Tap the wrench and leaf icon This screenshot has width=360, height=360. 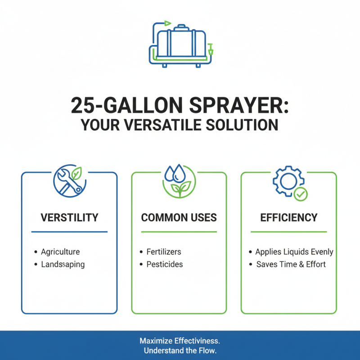pyautogui.click(x=68, y=180)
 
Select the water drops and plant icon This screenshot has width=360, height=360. pyautogui.click(x=179, y=180)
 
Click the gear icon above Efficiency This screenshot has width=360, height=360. pyautogui.click(x=285, y=180)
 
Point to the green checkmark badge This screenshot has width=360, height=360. pyautogui.click(x=301, y=194)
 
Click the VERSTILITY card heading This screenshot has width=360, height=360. pyautogui.click(x=69, y=218)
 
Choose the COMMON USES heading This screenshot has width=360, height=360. pyautogui.click(x=179, y=218)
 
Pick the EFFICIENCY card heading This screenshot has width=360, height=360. pyautogui.click(x=288, y=218)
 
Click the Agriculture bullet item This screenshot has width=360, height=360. pyautogui.click(x=60, y=252)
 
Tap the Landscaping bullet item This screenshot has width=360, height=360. pyautogui.click(x=63, y=264)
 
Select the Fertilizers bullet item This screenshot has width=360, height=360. pyautogui.click(x=164, y=252)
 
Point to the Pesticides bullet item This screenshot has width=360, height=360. pyautogui.click(x=165, y=264)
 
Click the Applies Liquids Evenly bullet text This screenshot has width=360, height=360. pyautogui.click(x=294, y=252)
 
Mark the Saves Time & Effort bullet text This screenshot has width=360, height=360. pyautogui.click(x=291, y=264)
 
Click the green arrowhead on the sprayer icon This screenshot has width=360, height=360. pyautogui.click(x=168, y=22)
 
